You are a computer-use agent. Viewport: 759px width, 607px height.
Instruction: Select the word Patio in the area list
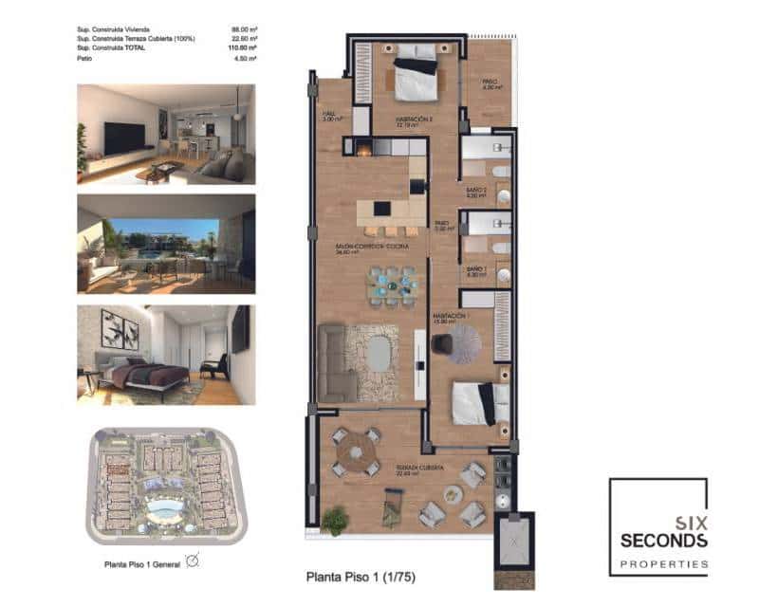point(83,58)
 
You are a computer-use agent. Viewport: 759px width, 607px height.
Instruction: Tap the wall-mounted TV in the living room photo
point(123,138)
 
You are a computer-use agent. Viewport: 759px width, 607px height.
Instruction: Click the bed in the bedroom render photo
point(142,375)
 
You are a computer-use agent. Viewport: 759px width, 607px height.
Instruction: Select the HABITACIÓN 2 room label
point(415,120)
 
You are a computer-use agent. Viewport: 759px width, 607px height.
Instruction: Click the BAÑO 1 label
point(475,270)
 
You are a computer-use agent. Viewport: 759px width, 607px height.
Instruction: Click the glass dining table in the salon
point(393,284)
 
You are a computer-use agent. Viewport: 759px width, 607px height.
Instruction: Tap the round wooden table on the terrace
point(356,451)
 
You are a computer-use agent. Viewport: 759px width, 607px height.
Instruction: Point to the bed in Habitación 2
point(416,76)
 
